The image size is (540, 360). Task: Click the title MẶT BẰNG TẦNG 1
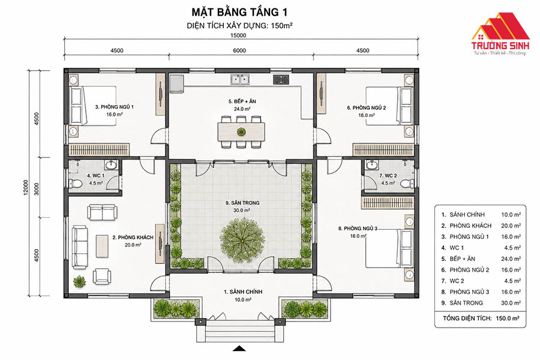[x=239, y=12]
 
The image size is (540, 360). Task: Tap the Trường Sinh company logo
[x=500, y=34]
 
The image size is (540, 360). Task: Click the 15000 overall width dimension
[x=238, y=35]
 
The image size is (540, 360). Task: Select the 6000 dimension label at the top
[x=239, y=50]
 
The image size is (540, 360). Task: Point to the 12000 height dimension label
[x=26, y=187]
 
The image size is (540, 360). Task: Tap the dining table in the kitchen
[x=241, y=132]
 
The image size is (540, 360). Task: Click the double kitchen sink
[x=240, y=80]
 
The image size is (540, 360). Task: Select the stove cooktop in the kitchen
[x=281, y=80]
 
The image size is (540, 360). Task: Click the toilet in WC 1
[x=76, y=184]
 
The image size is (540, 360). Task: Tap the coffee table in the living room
[x=102, y=245]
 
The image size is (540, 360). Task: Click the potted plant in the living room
[x=80, y=281]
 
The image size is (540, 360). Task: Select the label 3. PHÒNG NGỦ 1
[x=115, y=107]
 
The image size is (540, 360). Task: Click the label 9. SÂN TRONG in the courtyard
[x=242, y=203]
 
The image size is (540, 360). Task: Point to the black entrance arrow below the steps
[x=239, y=349]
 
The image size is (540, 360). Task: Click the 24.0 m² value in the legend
[x=511, y=259]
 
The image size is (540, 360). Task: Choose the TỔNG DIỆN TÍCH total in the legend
[x=481, y=319]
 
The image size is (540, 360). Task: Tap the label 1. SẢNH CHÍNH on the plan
[x=243, y=292]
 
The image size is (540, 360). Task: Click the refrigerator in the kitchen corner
[x=176, y=83]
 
